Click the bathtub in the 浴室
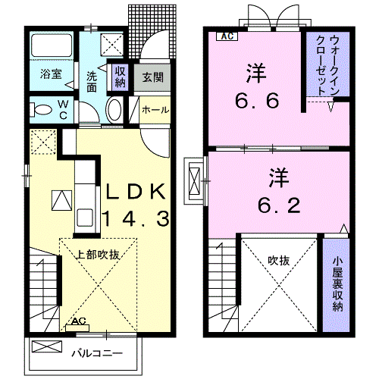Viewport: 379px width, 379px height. click(x=52, y=45)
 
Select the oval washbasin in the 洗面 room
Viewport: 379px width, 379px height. click(x=114, y=110)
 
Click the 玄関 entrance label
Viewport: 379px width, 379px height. click(x=152, y=77)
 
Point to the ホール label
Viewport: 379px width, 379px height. click(x=155, y=110)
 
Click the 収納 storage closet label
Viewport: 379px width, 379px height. click(x=121, y=77)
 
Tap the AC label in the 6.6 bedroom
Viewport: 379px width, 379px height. click(x=227, y=36)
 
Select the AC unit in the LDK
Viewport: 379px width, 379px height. click(x=77, y=327)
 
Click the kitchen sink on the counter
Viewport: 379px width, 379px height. click(x=85, y=218)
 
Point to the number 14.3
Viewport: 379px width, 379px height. click(x=136, y=218)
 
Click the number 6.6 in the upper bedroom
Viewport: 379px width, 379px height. click(x=257, y=100)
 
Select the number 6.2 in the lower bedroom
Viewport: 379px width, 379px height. click(x=279, y=205)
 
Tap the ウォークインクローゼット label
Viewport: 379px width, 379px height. click(x=327, y=65)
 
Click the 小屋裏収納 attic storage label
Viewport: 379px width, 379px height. click(x=337, y=283)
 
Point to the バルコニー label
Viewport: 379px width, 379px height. click(x=97, y=353)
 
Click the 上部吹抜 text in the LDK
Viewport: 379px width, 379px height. click(x=98, y=255)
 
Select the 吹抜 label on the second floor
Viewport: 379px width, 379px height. click(x=278, y=261)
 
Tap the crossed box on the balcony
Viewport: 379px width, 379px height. click(x=47, y=346)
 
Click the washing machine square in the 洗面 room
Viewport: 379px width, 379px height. click(x=112, y=44)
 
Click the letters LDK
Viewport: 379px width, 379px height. click(x=136, y=191)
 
